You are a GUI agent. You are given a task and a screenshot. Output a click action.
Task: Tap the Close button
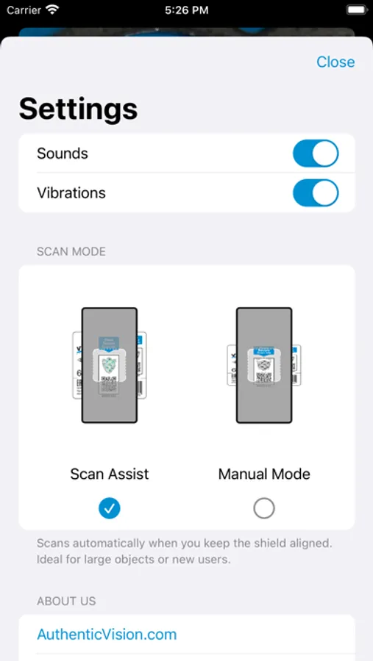335,62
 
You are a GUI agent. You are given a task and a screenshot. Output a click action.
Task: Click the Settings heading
78,109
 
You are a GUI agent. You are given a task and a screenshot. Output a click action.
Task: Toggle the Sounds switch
316,153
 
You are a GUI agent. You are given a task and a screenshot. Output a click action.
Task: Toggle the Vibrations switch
316,193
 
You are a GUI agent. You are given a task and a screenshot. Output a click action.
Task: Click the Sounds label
63,153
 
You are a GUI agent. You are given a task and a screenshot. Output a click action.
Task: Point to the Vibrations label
71,193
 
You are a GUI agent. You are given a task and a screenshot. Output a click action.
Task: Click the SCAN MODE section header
71,252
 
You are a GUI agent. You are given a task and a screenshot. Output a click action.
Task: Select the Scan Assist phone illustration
110,365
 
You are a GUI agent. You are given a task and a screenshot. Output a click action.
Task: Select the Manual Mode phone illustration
264,365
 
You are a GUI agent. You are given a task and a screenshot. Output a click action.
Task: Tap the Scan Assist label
110,474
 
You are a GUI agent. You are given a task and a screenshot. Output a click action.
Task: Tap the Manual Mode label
264,474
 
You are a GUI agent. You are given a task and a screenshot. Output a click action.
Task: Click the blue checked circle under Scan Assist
110,508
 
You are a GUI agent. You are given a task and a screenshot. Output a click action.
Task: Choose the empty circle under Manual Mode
264,508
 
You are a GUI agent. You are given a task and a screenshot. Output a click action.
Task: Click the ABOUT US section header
66,602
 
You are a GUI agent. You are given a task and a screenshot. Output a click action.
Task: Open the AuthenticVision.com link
107,635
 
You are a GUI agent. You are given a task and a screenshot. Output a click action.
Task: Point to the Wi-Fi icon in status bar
52,10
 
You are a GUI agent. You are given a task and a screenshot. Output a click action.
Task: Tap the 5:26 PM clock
186,10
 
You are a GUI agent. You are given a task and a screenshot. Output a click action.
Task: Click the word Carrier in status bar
24,10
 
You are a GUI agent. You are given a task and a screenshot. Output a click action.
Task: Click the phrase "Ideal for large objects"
87,560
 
